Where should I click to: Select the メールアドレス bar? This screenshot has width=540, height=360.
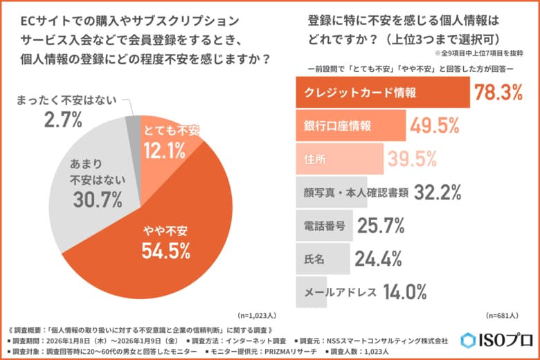pyautogui.click(x=336, y=291)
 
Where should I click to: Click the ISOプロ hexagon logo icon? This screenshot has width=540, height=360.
pyautogui.click(x=469, y=340)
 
